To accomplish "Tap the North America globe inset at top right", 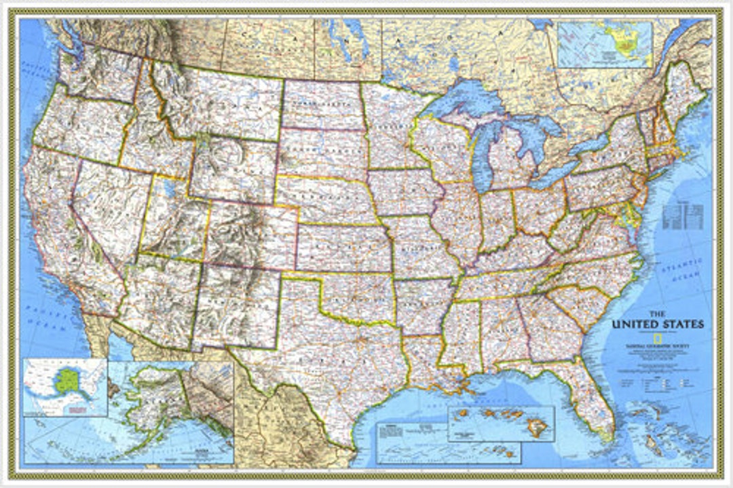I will (604, 45).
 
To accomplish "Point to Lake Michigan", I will (484, 153).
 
